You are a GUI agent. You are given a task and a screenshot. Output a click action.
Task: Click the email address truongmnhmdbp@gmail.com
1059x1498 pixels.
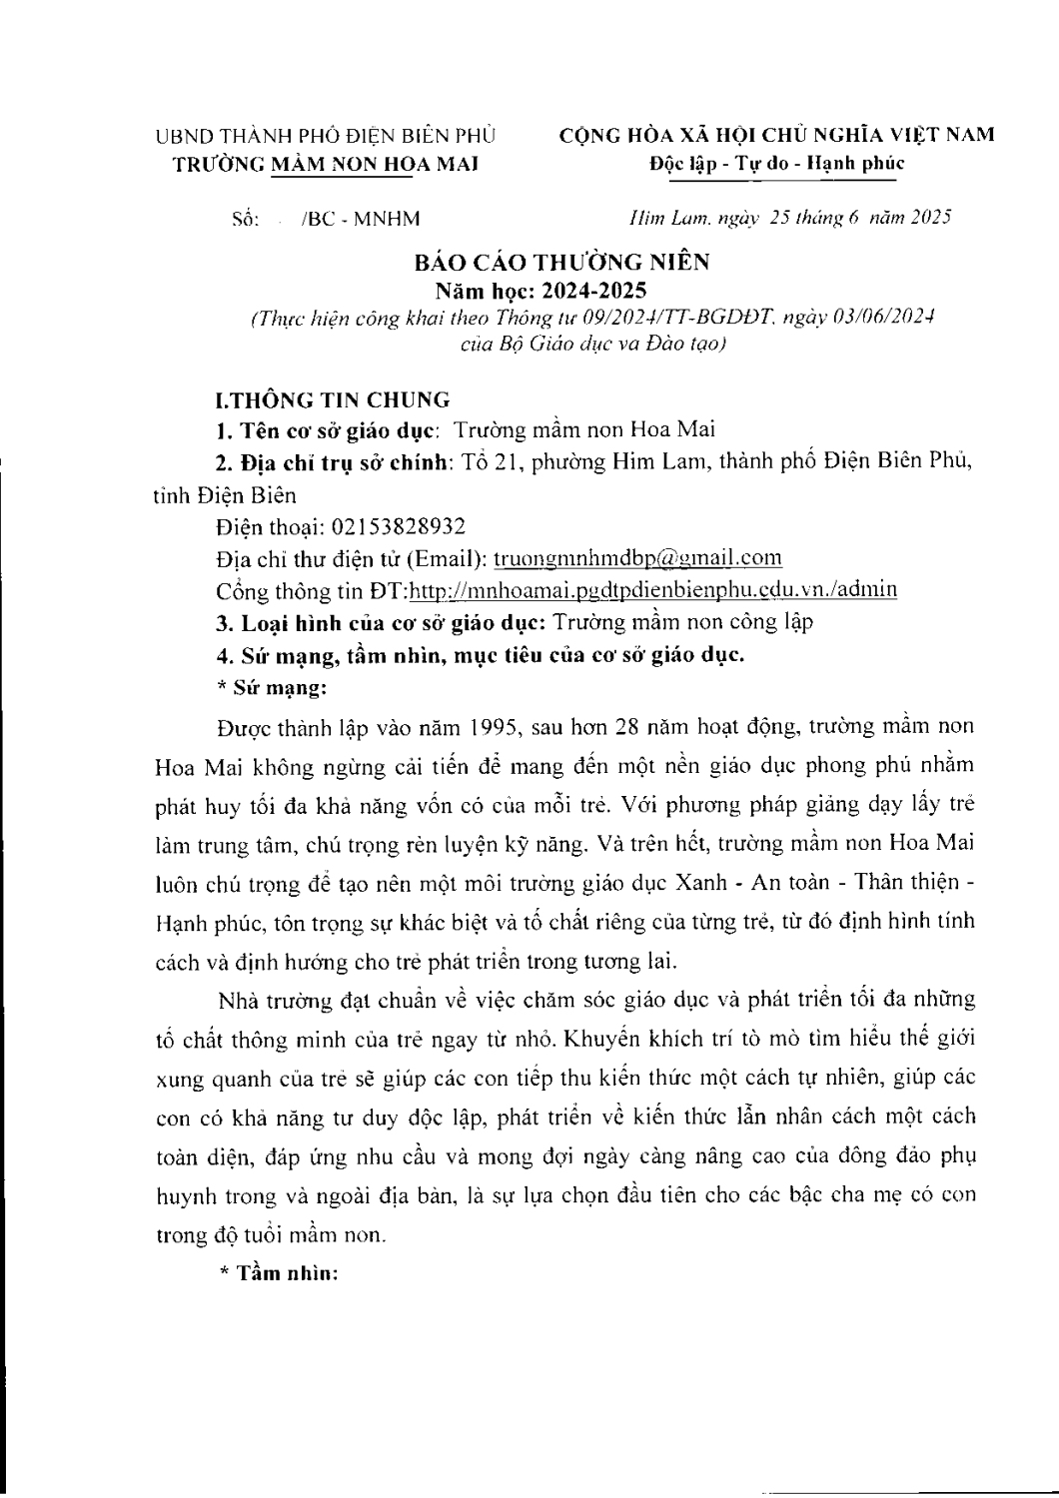(x=638, y=557)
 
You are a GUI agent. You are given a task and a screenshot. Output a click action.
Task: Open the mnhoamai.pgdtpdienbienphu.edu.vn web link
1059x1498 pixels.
(x=653, y=589)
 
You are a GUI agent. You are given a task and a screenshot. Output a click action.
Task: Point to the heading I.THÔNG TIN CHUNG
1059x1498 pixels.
(x=333, y=400)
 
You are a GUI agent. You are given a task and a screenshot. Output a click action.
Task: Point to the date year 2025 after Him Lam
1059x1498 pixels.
(x=930, y=217)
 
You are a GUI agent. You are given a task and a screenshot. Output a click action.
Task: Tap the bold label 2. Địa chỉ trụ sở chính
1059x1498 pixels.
(x=335, y=462)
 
